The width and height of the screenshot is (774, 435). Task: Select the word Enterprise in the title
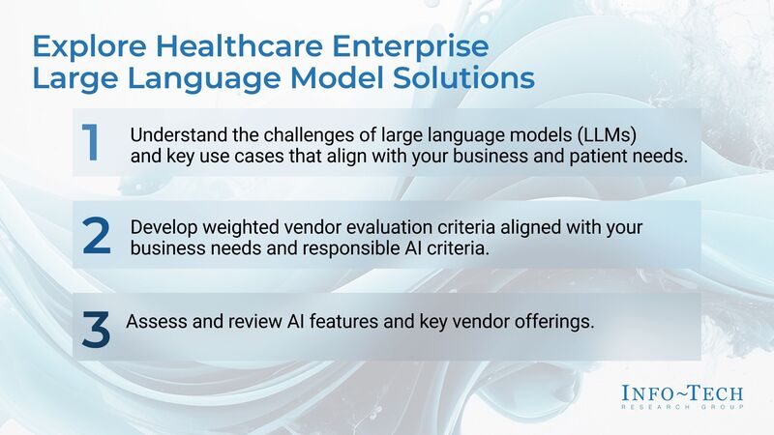(407, 47)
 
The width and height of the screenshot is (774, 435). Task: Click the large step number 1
(90, 143)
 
